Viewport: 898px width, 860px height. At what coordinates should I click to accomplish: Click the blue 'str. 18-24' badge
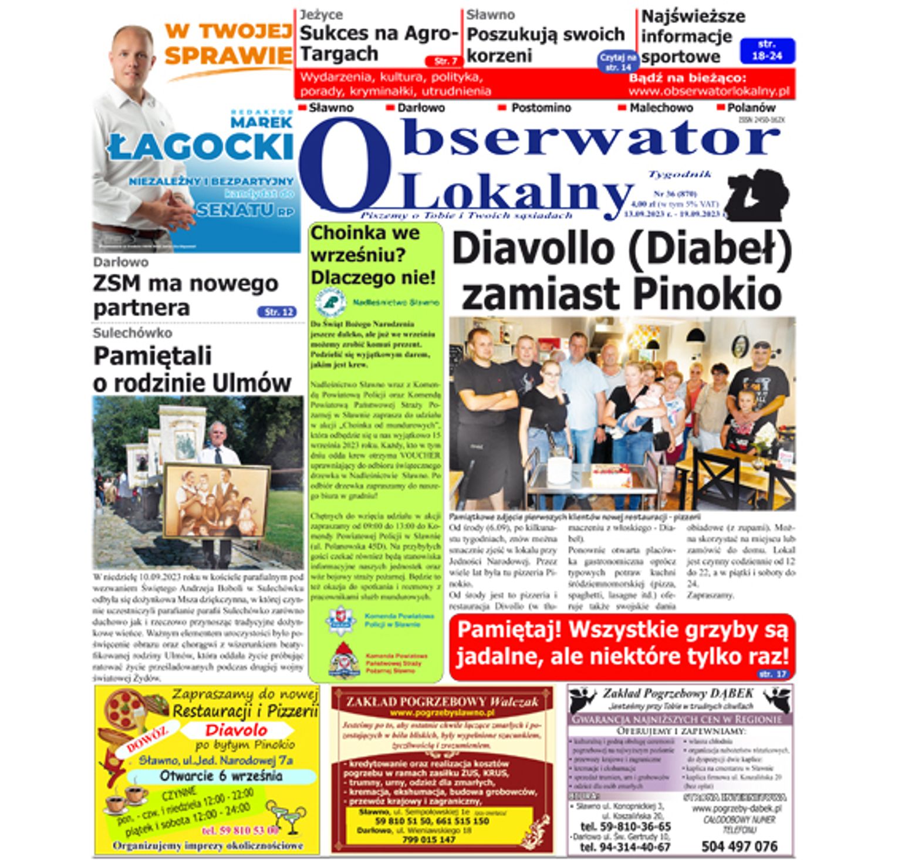tap(767, 50)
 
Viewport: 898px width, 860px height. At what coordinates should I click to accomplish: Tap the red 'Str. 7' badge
tap(445, 61)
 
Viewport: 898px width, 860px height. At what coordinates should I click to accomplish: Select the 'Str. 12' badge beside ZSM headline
tap(276, 312)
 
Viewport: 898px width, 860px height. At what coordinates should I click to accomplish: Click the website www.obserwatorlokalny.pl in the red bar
tap(709, 92)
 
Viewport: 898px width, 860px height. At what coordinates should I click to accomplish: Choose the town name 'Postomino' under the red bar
tap(541, 108)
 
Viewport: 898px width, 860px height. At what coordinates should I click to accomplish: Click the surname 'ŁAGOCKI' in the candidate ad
tap(201, 146)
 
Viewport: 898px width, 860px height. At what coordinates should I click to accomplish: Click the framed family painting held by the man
tap(215, 500)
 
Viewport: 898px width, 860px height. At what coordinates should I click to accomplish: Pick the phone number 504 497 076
tap(739, 846)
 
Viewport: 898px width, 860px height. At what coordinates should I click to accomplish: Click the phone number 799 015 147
tap(428, 840)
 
